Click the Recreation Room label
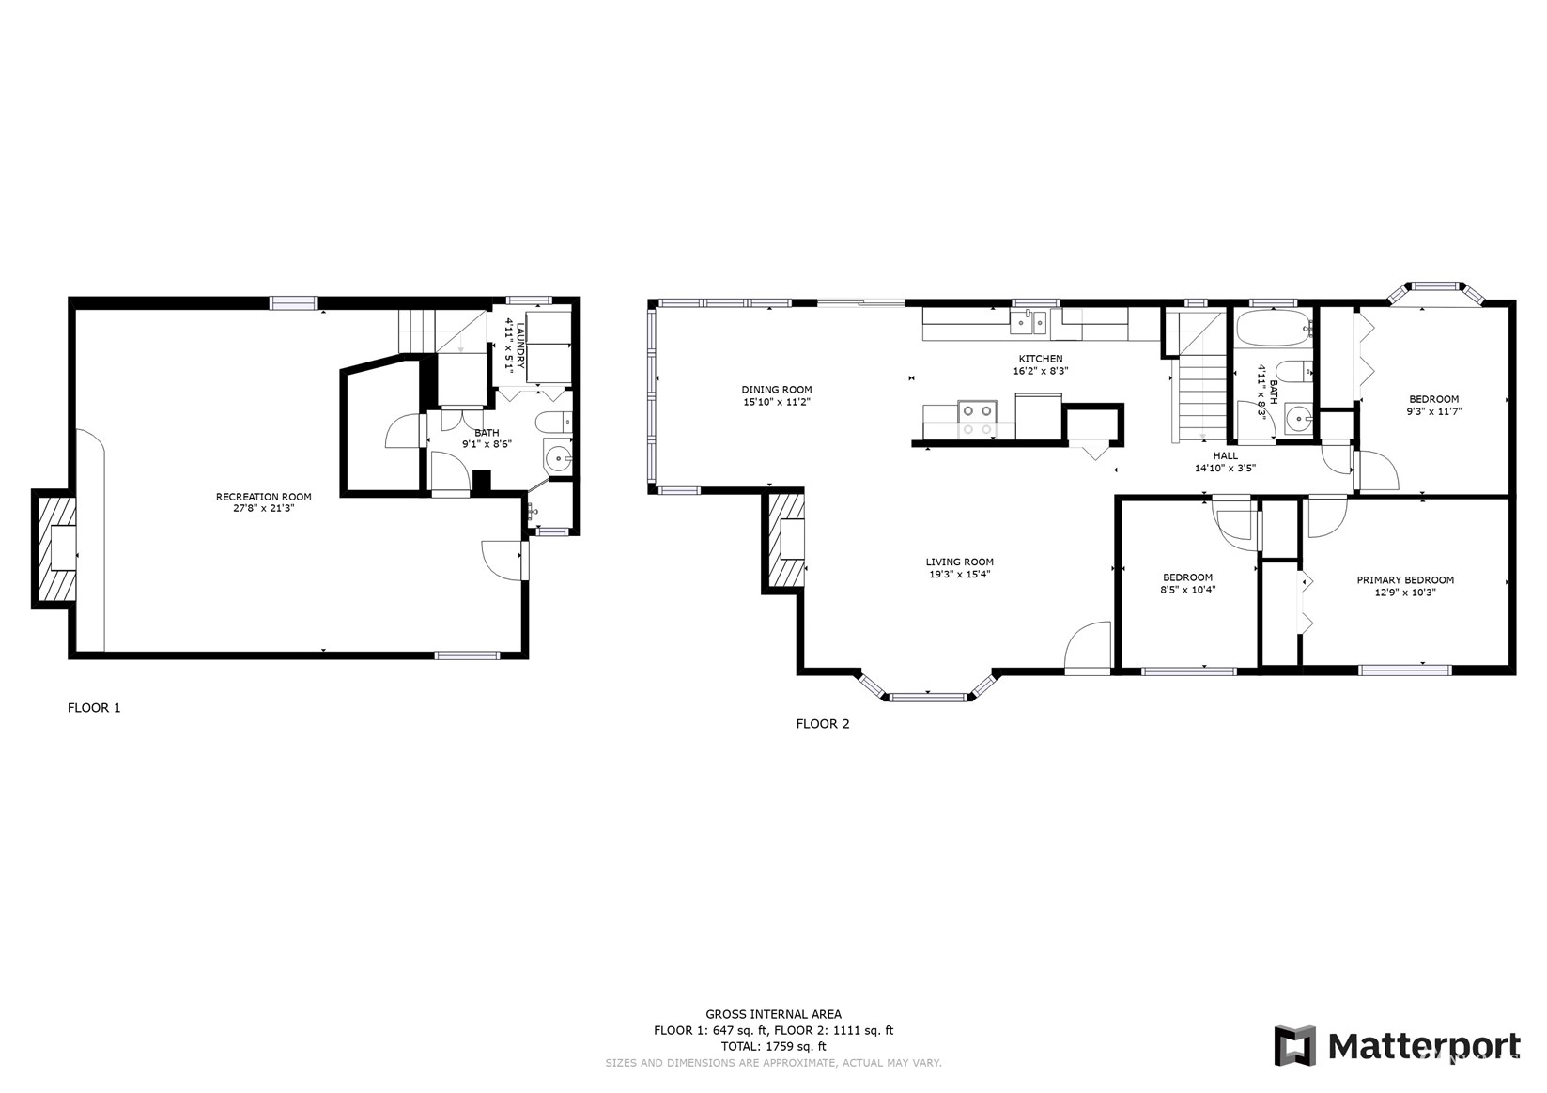click(x=263, y=502)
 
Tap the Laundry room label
click(x=516, y=346)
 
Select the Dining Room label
click(x=776, y=395)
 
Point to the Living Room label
click(x=959, y=567)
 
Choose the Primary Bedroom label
click(x=1405, y=586)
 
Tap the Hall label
click(x=1225, y=462)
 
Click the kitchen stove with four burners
click(x=977, y=419)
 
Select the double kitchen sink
click(x=1029, y=322)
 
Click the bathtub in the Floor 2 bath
click(x=1274, y=328)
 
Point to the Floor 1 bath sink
click(x=557, y=457)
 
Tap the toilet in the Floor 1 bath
click(x=554, y=422)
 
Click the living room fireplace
click(x=784, y=541)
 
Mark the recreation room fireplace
click(x=54, y=548)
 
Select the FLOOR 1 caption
click(x=94, y=708)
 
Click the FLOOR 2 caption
click(x=823, y=724)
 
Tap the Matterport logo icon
click(x=1295, y=1045)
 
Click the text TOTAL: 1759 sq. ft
click(x=773, y=1046)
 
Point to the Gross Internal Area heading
click(x=773, y=1014)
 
